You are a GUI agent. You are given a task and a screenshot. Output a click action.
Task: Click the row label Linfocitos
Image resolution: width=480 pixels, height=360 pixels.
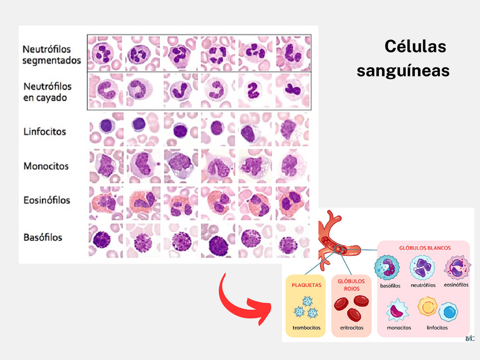tap(45, 132)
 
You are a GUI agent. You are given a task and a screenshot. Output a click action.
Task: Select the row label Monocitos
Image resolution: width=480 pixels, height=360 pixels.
tap(46, 166)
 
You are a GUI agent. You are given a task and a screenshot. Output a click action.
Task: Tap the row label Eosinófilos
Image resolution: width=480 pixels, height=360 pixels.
tap(47, 200)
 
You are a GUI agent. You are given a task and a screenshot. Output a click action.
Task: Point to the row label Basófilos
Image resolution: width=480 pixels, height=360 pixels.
tap(43, 237)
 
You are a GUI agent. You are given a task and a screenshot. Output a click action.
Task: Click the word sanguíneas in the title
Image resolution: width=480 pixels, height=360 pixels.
tap(404, 71)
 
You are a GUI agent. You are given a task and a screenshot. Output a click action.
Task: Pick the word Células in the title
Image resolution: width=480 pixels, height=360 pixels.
tap(415, 46)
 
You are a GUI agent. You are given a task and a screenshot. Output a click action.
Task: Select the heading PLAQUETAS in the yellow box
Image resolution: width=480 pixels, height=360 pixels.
tap(306, 285)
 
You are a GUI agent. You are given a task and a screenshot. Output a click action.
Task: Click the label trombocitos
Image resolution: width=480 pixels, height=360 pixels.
tap(306, 328)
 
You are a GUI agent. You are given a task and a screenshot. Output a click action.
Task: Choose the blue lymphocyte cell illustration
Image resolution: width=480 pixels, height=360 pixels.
tap(450, 312)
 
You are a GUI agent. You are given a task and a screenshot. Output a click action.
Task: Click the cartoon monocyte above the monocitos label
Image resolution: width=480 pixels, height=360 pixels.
tap(398, 311)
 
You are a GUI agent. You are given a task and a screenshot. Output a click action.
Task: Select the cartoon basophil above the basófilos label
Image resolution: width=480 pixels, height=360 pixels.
tap(390, 268)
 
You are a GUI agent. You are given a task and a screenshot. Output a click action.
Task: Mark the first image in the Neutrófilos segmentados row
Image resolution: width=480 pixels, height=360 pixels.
tap(105, 53)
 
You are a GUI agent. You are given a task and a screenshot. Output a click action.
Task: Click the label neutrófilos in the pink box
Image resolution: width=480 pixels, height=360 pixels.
tap(423, 285)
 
